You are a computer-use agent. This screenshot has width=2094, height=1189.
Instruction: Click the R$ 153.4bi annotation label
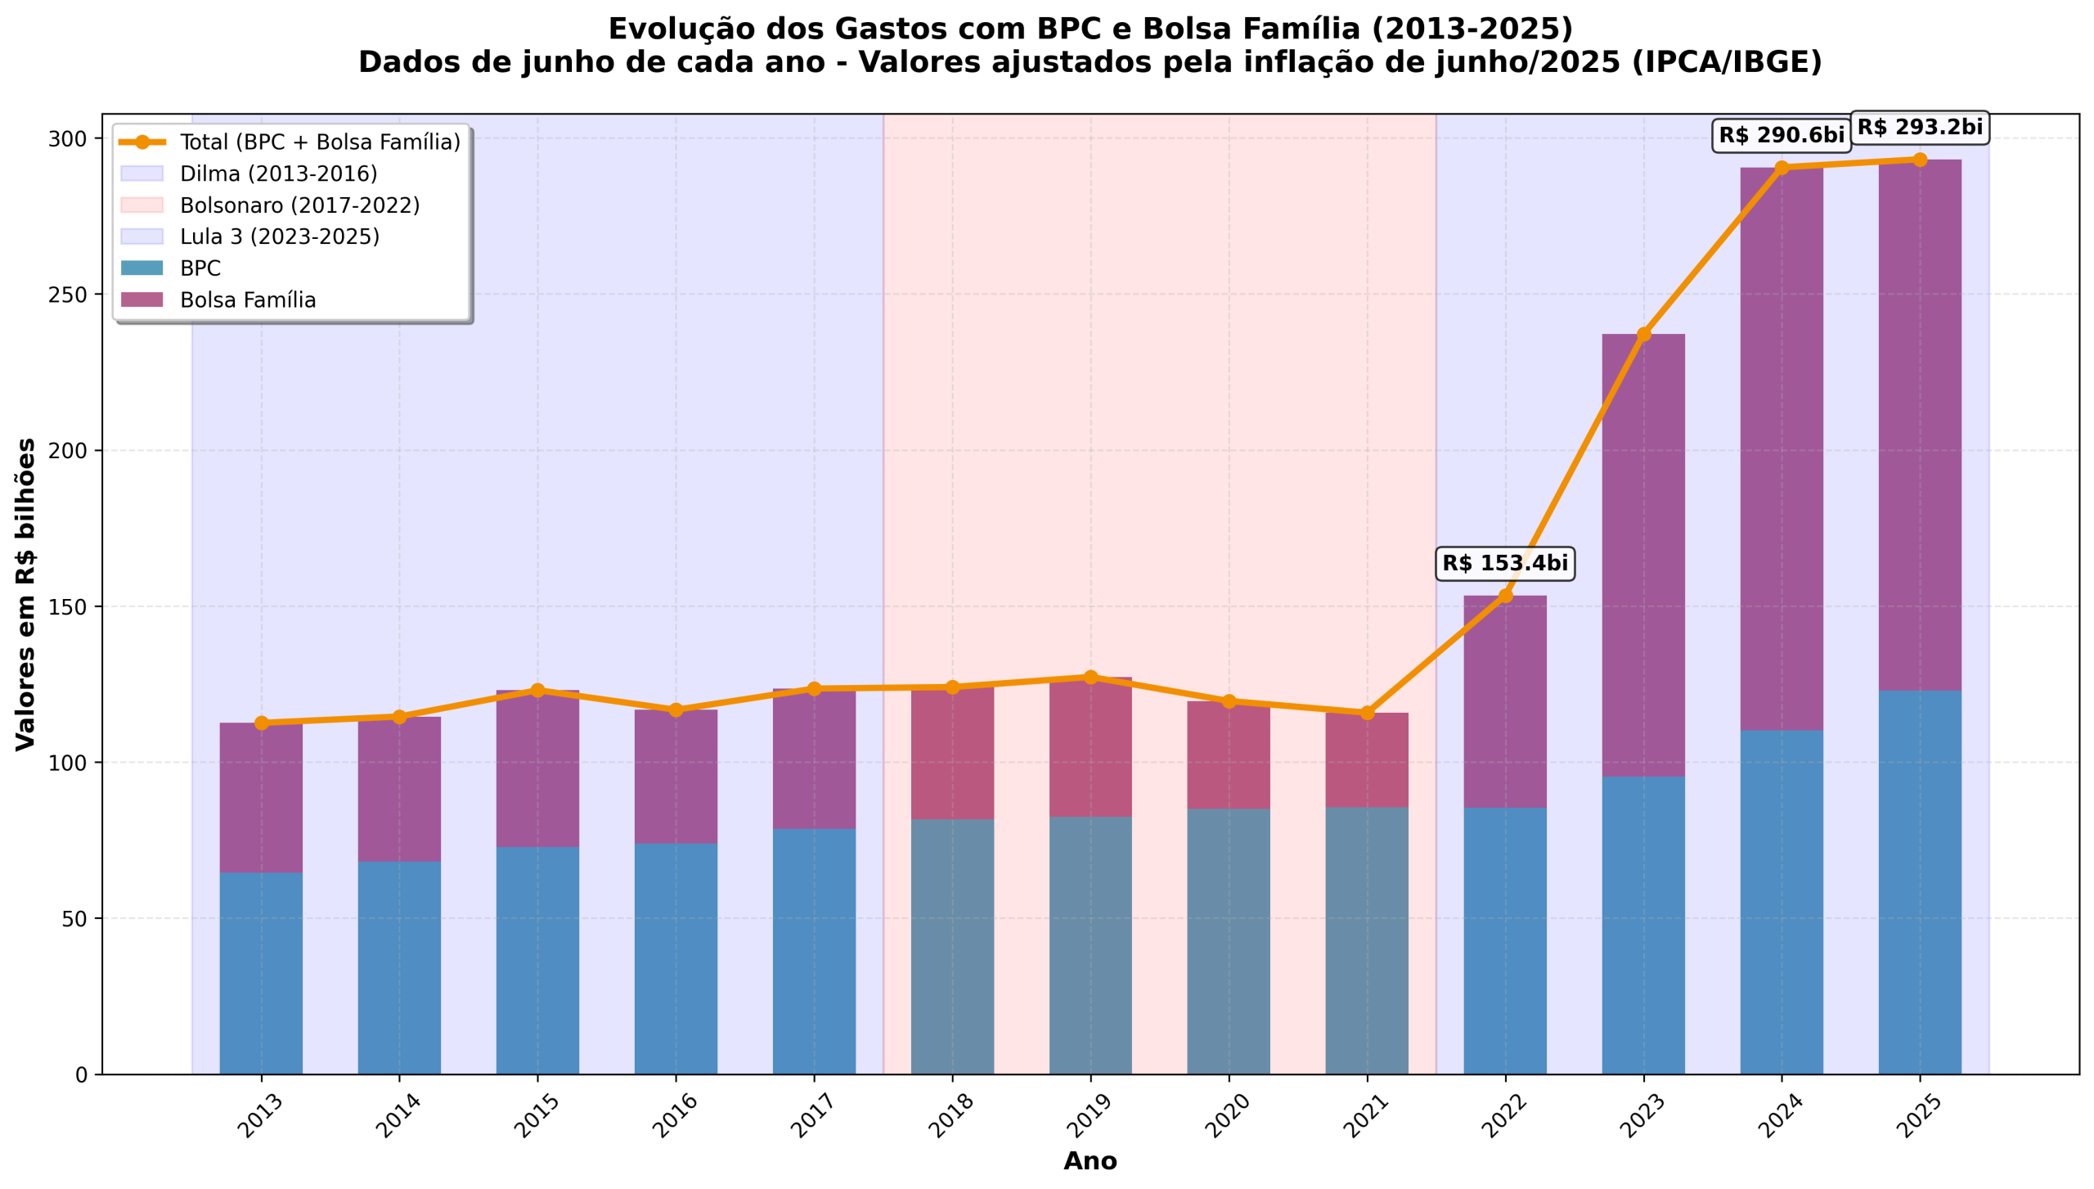click(1504, 563)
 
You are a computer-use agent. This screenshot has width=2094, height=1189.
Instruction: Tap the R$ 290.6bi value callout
click(1781, 135)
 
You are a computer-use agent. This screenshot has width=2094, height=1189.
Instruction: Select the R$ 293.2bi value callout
click(1919, 127)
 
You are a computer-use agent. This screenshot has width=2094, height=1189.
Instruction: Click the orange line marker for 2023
click(1643, 334)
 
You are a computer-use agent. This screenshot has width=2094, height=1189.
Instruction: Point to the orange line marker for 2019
click(1090, 677)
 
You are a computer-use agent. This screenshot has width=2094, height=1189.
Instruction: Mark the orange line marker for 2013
click(261, 723)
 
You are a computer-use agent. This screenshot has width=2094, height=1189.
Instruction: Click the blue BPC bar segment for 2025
click(1919, 881)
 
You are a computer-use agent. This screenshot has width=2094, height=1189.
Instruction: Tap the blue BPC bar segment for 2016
click(676, 958)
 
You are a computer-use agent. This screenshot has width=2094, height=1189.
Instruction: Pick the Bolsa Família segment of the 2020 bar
click(1228, 754)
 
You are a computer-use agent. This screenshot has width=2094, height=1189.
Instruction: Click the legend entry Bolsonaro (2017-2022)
click(299, 205)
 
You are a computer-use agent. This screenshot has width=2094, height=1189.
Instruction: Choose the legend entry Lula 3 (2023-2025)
click(279, 236)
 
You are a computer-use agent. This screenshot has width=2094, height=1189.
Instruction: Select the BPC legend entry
click(200, 268)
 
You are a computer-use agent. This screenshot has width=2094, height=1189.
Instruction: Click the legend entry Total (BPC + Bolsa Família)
click(320, 142)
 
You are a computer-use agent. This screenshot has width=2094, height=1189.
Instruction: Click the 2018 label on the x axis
click(950, 1115)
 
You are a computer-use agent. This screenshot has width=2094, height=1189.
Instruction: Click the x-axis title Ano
click(1090, 1161)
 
